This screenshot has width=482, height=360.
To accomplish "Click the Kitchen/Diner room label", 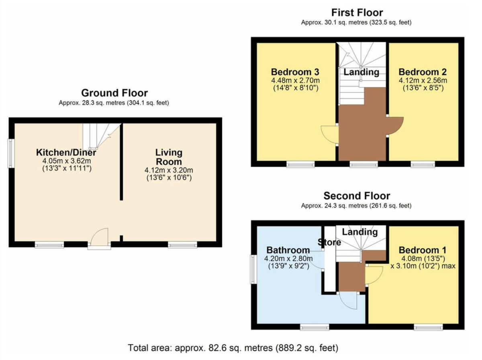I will pyautogui.click(x=66, y=153).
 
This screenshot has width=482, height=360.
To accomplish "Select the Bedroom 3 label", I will pyautogui.click(x=295, y=72).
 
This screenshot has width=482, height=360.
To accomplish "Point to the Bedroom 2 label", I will pyautogui.click(x=423, y=72).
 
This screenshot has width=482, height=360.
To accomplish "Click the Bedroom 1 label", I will pyautogui.click(x=423, y=250).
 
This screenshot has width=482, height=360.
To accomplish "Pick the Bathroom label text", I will pyautogui.click(x=287, y=250).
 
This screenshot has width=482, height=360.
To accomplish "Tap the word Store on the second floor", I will pyautogui.click(x=329, y=242).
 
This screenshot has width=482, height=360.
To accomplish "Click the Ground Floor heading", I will pyautogui.click(x=114, y=93).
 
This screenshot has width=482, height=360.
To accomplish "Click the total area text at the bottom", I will pyautogui.click(x=233, y=347).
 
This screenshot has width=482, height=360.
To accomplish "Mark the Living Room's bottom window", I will pyautogui.click(x=182, y=245).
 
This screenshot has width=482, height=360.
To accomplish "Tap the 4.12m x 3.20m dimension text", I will pyautogui.click(x=169, y=170).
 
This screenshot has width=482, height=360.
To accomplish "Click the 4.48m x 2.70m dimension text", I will pyautogui.click(x=295, y=81).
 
